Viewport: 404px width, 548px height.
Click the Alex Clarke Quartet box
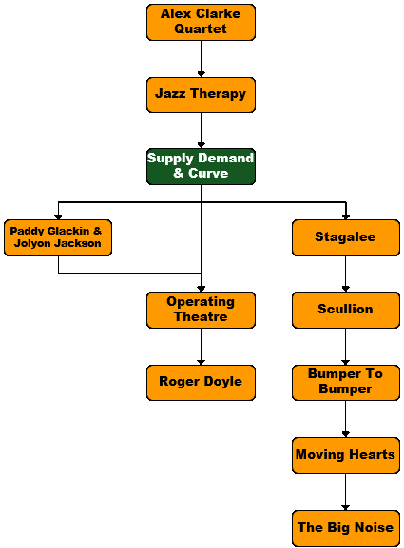pos(201,23)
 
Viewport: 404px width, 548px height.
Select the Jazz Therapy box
pos(201,95)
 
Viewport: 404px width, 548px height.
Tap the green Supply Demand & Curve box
pos(201,167)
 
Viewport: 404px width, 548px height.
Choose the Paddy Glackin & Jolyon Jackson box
pos(58,238)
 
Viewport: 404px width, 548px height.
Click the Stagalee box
pos(346,238)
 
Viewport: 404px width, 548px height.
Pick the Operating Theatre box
pos(201,310)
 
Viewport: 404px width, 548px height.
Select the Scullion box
pos(346,310)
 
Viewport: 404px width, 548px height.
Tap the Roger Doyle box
pos(201,383)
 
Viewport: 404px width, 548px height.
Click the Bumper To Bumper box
pos(346,383)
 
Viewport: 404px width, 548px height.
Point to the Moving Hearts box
pos(346,455)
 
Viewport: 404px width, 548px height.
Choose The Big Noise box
pos(346,528)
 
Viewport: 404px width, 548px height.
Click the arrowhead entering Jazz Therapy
pos(202,74)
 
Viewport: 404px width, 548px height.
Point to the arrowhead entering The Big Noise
pos(346,507)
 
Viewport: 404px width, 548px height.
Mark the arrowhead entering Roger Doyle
pos(202,362)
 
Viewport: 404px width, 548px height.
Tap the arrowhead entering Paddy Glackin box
pos(58,217)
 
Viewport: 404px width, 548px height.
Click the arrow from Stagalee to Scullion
pos(346,274)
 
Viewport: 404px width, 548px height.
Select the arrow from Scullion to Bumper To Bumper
pos(346,347)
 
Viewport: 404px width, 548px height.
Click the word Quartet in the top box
pos(201,29)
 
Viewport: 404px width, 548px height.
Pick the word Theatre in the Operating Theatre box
pos(201,316)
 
